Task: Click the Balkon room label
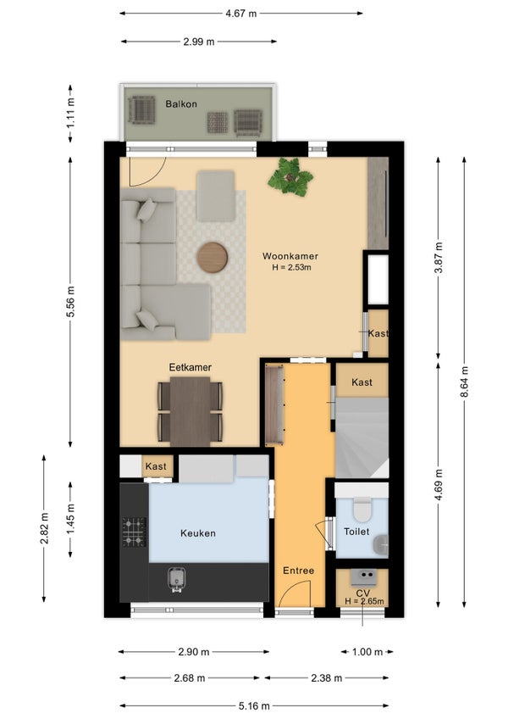[x=181, y=104]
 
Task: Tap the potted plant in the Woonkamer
[x=290, y=177]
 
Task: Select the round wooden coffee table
[x=213, y=258]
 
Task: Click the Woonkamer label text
[x=290, y=256]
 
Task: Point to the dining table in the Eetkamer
[x=190, y=411]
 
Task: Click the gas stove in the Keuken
[x=135, y=532]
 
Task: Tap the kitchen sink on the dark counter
[x=176, y=579]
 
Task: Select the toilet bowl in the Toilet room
[x=362, y=509]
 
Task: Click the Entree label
[x=299, y=571]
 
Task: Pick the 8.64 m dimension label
[x=465, y=382]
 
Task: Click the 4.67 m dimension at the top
[x=241, y=14]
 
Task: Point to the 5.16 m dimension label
[x=254, y=705]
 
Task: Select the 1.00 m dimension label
[x=367, y=651]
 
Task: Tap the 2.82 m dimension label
[x=44, y=528]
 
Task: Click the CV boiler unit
[x=364, y=577]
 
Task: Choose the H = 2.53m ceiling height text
[x=292, y=267]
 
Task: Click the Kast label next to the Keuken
[x=156, y=466]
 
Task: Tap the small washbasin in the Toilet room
[x=381, y=544]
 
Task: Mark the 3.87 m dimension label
[x=439, y=258]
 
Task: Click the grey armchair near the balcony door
[x=216, y=195]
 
